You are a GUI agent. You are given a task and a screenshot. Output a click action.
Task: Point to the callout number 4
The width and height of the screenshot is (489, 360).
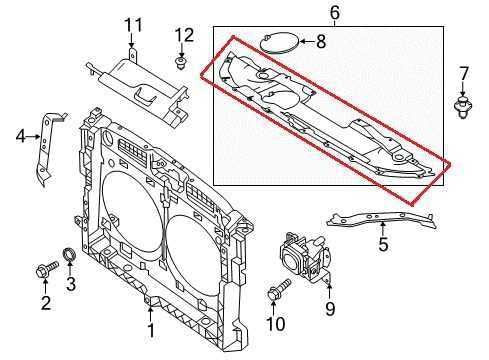pyautogui.click(x=21, y=135)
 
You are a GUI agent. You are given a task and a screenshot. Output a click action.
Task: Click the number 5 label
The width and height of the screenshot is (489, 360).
pyautogui.click(x=383, y=243)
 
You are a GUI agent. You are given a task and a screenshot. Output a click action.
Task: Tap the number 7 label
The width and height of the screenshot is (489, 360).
pyautogui.click(x=463, y=72)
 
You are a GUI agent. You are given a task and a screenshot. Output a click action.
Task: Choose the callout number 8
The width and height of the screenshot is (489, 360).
pyautogui.click(x=320, y=42)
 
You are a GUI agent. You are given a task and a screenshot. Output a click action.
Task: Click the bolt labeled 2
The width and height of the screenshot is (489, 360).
pyautogui.click(x=45, y=270)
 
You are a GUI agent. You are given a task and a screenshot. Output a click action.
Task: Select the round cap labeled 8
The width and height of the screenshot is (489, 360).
pyautogui.click(x=277, y=43)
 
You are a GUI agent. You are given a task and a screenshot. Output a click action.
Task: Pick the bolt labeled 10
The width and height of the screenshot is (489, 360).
pyautogui.click(x=277, y=292)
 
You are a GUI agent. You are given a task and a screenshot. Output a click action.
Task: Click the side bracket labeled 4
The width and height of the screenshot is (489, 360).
pyautogui.click(x=45, y=150)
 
